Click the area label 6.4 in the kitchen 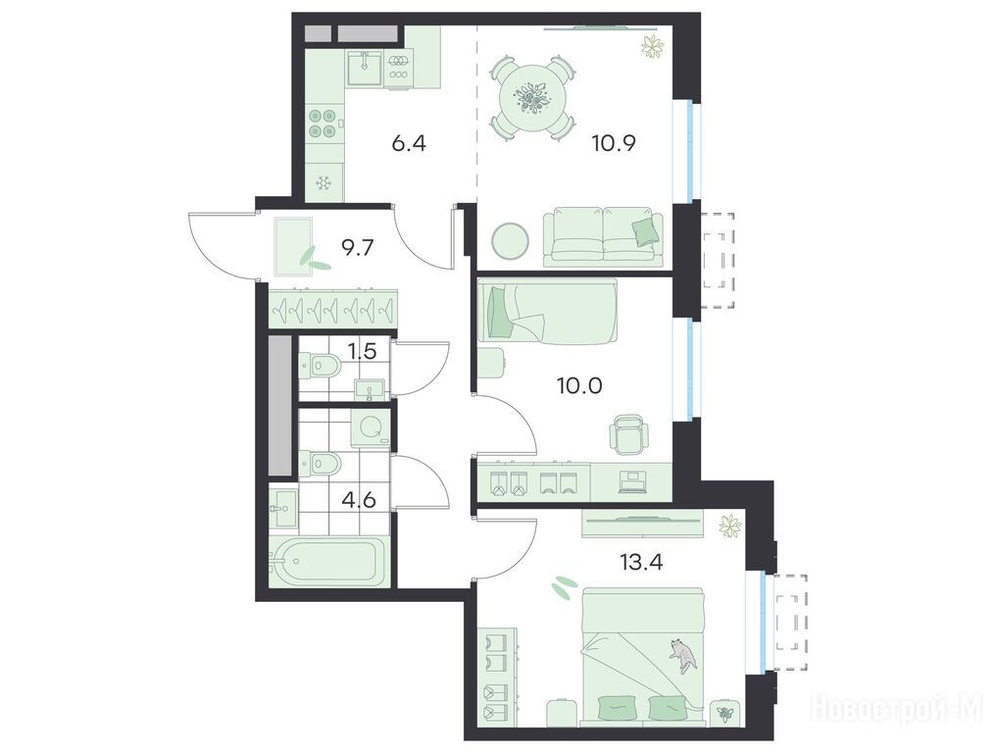(x=409, y=143)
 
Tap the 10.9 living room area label (x=614, y=143)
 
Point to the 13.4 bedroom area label (x=639, y=562)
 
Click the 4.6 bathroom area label (x=358, y=499)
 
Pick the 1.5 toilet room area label (x=363, y=351)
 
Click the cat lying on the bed (x=682, y=655)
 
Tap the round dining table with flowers (x=532, y=98)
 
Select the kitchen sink (x=364, y=69)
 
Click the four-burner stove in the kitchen (x=323, y=124)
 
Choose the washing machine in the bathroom (x=371, y=426)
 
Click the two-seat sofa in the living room (x=603, y=235)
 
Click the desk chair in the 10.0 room (x=630, y=434)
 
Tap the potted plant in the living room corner (x=652, y=46)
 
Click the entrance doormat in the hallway (x=293, y=247)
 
